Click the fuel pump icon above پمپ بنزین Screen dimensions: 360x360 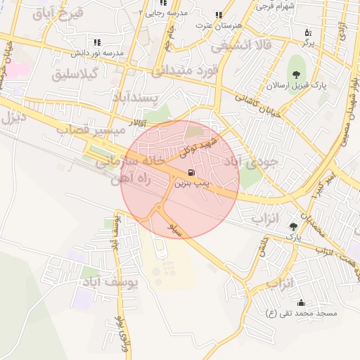pyautogui.click(x=191, y=172)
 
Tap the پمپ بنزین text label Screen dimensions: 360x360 pyautogui.click(x=191, y=183)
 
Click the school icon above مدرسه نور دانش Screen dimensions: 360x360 pyautogui.click(x=96, y=42)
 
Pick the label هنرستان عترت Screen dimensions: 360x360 pyautogui.click(x=219, y=25)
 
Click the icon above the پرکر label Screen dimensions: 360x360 pyautogui.click(x=308, y=32)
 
